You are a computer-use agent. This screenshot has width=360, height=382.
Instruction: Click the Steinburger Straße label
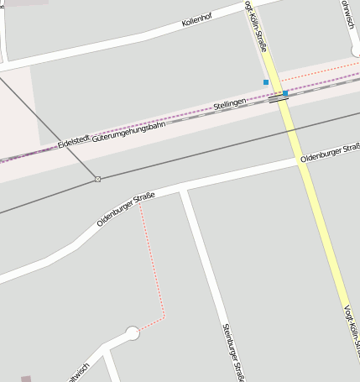(232, 353)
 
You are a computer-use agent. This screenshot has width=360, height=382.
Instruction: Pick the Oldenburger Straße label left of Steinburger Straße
(126, 209)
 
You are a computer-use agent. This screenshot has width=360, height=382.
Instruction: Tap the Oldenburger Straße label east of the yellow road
(330, 151)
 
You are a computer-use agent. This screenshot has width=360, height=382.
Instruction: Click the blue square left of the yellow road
(266, 82)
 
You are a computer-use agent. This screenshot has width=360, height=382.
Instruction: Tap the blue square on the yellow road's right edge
(286, 92)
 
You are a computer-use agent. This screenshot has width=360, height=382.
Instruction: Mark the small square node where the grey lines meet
(97, 179)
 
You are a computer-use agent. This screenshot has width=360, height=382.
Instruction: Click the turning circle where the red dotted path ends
(132, 333)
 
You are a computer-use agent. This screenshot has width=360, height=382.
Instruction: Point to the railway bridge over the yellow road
(279, 97)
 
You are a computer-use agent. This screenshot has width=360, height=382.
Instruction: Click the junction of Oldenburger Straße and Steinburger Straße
(183, 192)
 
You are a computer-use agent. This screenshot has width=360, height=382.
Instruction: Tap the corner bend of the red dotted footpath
(164, 317)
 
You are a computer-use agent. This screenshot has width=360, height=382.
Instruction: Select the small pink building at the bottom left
(26, 379)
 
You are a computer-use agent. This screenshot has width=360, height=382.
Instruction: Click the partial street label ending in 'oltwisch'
(78, 373)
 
